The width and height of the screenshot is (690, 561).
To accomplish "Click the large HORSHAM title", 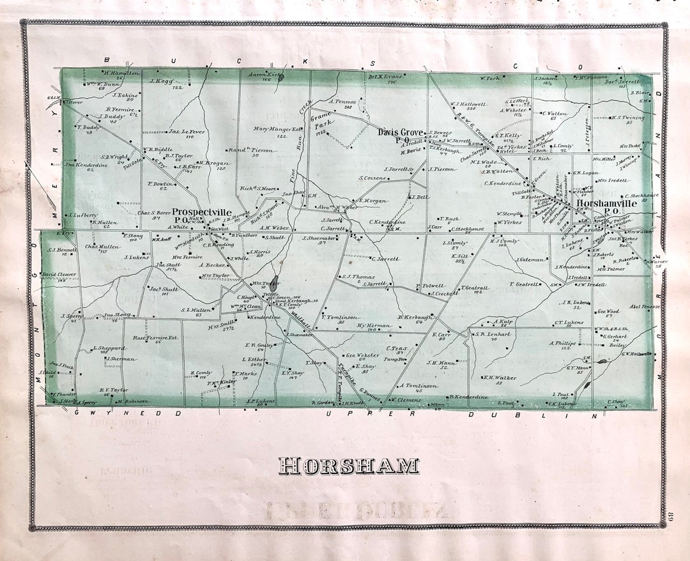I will (x=348, y=466).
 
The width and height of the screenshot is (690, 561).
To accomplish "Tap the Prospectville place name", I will (x=201, y=212).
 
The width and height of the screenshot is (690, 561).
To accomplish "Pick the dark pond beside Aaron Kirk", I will (x=282, y=77).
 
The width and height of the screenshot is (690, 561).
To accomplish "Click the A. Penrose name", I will (x=342, y=101).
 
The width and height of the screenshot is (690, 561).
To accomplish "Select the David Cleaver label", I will (x=59, y=274).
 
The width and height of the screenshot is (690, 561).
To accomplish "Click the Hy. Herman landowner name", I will (x=374, y=326).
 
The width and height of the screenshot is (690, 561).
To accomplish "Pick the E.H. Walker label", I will (x=500, y=378).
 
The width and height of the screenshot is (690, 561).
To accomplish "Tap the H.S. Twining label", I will (x=629, y=118).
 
